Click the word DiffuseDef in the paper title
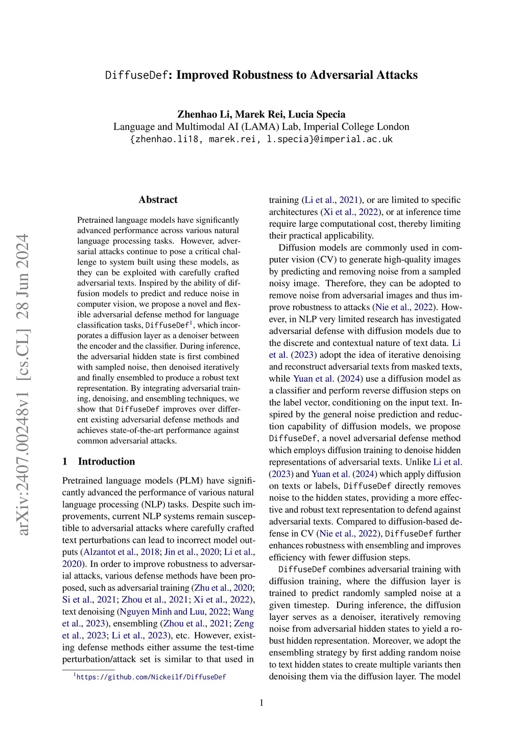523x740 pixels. click(x=136, y=75)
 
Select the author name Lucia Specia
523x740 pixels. click(x=317, y=114)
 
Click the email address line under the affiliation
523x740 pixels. click(x=261, y=139)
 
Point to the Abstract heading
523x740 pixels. click(x=158, y=200)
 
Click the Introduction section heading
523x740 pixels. click(x=106, y=461)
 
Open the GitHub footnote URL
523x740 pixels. click(x=151, y=677)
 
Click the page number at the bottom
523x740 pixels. click(x=261, y=703)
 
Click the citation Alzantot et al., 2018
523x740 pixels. click(x=121, y=552)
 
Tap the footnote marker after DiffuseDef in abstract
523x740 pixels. click(x=191, y=322)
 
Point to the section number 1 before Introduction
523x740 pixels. click(x=65, y=461)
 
